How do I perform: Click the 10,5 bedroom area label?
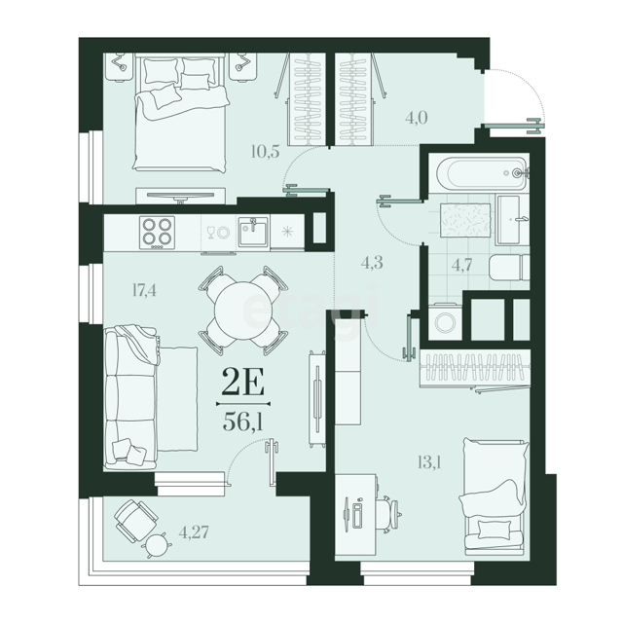(266, 152)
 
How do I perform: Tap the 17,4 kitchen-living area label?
(144, 290)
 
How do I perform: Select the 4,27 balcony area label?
(194, 531)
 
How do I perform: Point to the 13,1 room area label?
(430, 462)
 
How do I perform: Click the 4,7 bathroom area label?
(462, 265)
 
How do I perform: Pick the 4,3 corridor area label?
(372, 263)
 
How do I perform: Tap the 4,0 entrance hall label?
(417, 118)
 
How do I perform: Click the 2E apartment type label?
(242, 382)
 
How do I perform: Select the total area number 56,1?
(242, 421)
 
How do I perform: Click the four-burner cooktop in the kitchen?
(157, 233)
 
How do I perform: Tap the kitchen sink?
(253, 233)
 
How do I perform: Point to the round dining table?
(243, 311)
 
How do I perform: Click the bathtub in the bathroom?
(482, 173)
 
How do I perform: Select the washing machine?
(446, 322)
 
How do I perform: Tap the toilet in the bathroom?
(509, 268)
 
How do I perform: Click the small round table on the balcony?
(157, 544)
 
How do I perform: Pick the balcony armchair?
(136, 520)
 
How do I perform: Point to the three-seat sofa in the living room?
(131, 396)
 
